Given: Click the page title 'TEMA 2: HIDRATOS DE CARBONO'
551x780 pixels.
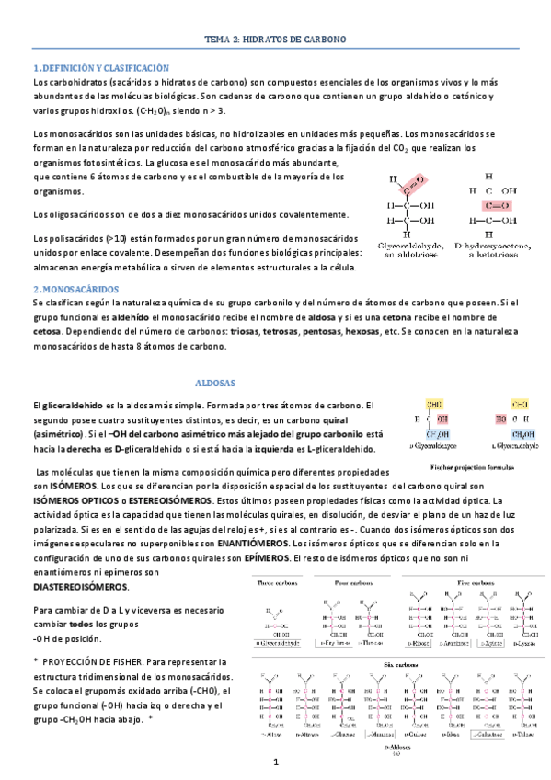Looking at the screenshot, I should point(275,40).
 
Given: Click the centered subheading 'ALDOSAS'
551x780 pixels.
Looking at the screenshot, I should point(216,382).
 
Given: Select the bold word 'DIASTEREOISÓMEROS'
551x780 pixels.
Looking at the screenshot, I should point(81,587).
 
